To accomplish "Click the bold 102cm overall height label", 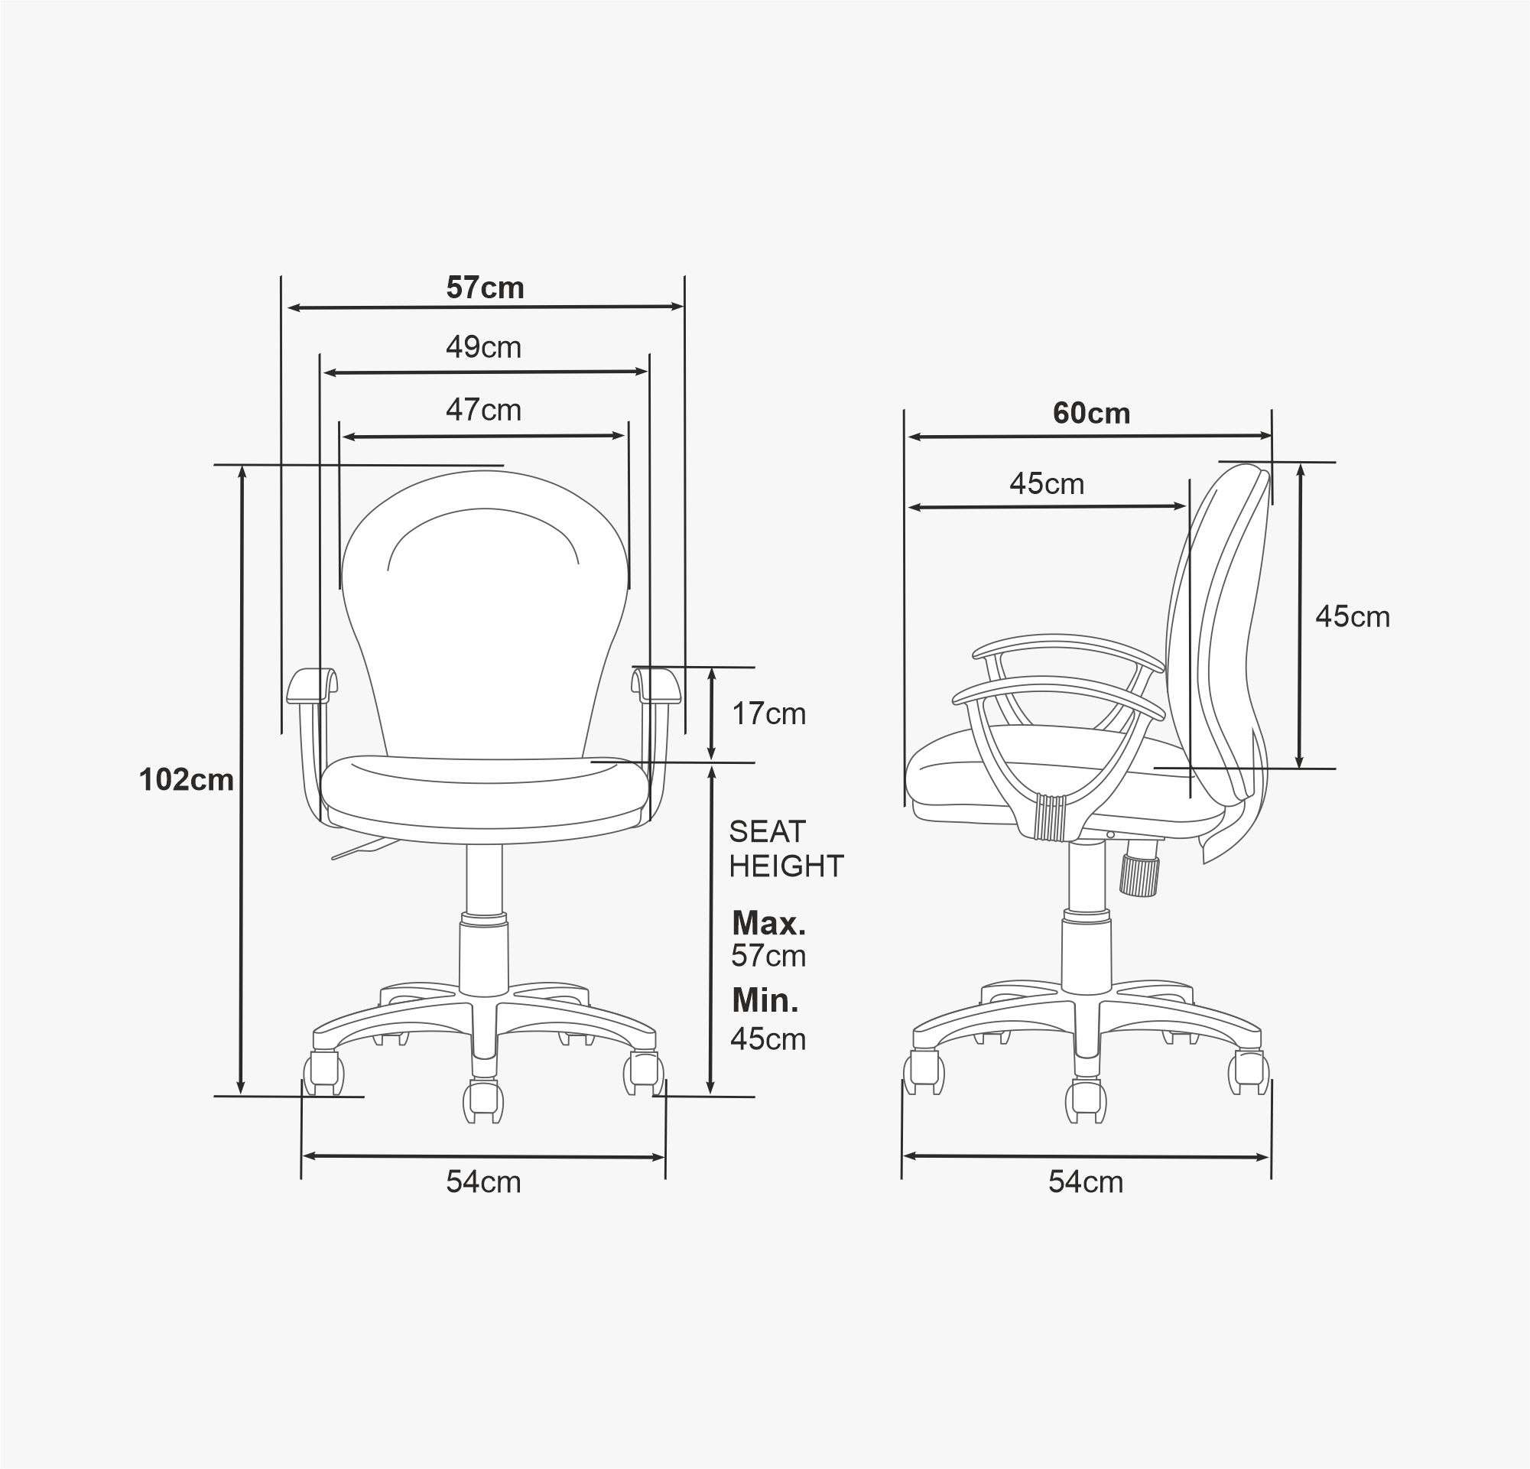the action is point(187,779).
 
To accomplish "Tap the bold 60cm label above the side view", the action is point(1091,413).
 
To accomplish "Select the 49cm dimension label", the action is point(484,346).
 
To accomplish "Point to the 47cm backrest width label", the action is point(484,410).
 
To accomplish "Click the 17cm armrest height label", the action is point(769,713).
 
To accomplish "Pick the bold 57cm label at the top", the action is point(485,288).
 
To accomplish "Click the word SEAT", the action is point(768,831).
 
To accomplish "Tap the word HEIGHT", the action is point(787,866).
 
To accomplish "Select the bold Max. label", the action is point(769,924).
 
